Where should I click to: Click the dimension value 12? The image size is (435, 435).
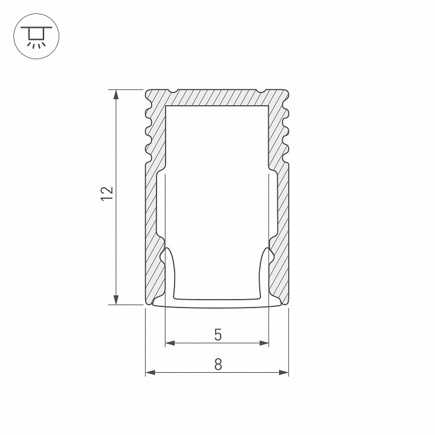pyautogui.click(x=106, y=193)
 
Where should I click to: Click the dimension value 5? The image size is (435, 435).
pyautogui.click(x=217, y=333)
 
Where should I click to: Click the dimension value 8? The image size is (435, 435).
pyautogui.click(x=217, y=364)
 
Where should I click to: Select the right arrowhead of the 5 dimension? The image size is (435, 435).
pyautogui.click(x=265, y=343)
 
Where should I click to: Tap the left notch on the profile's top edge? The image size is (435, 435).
pyautogui.click(x=173, y=92)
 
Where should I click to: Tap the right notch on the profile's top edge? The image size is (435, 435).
pyautogui.click(x=262, y=92)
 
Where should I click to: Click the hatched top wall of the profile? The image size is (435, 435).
pyautogui.click(x=217, y=98)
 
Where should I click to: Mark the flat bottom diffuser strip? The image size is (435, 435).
pyautogui.click(x=217, y=302)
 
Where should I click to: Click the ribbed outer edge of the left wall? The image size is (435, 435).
pyautogui.click(x=147, y=130)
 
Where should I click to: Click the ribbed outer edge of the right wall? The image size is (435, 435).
pyautogui.click(x=288, y=130)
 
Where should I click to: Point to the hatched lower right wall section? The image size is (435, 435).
pyautogui.click(x=283, y=242)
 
